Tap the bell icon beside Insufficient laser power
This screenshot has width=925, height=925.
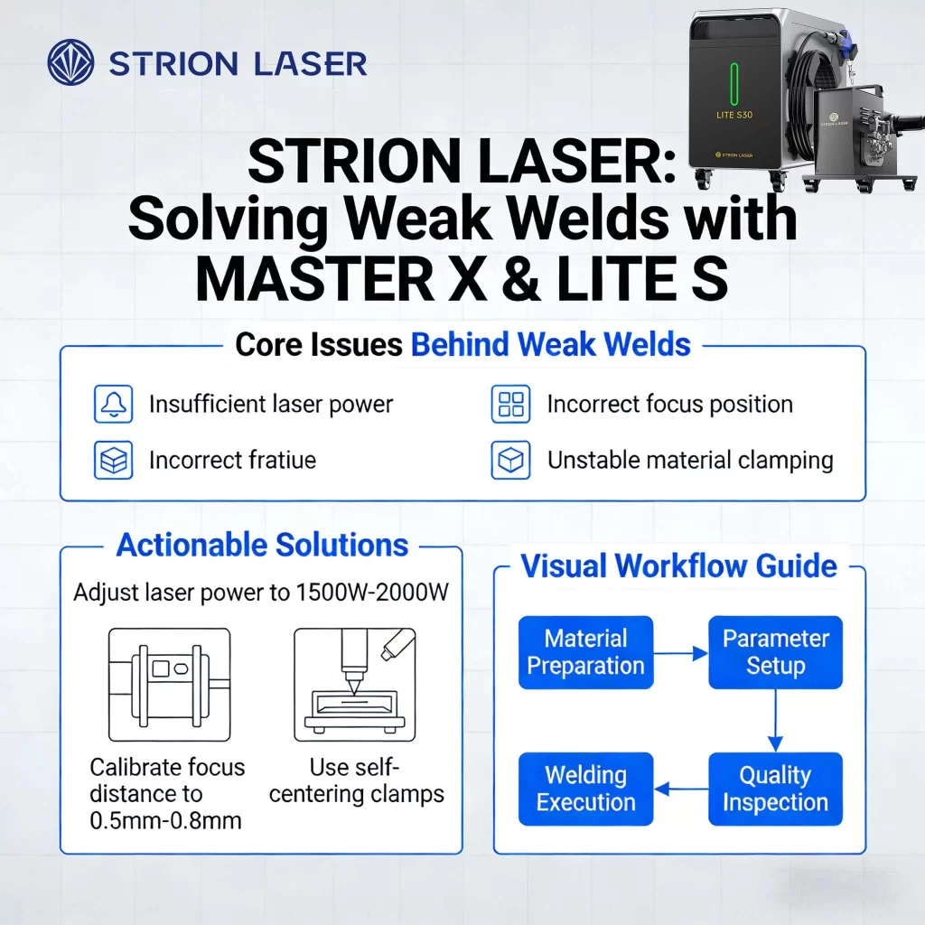point(113,404)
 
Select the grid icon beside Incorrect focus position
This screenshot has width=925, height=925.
point(510,404)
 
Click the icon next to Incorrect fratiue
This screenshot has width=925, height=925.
point(113,460)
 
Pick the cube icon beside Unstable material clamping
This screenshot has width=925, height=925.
point(510,460)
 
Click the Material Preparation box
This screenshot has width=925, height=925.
point(585,652)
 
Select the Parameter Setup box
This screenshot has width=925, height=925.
point(775,652)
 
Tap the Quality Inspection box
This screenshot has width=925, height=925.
point(775,789)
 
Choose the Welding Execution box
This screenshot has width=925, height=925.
point(585,789)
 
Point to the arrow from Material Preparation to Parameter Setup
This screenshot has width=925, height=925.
point(680,652)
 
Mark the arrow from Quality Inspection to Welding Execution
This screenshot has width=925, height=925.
point(680,790)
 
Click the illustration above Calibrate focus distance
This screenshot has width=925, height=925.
point(169,685)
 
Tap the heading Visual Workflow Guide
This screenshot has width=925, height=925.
point(679,566)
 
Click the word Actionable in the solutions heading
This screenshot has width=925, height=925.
point(191,546)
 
